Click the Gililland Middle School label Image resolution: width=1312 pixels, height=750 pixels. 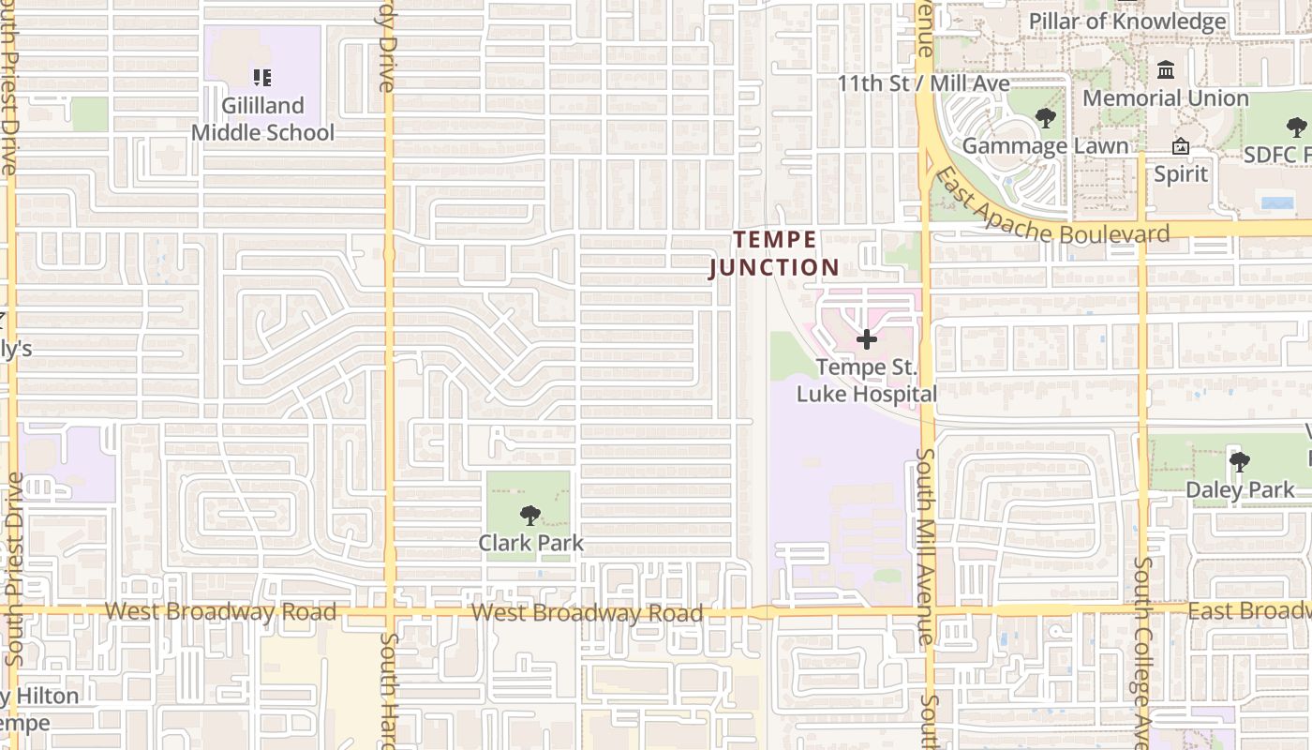coord(262,119)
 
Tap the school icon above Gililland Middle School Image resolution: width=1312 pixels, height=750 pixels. coord(262,77)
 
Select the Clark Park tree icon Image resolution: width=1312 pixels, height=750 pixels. coord(530,515)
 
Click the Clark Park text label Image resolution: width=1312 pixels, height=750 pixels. coord(530,543)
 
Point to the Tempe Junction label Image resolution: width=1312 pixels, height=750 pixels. coord(774,254)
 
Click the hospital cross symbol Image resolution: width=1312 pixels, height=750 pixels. coord(867,339)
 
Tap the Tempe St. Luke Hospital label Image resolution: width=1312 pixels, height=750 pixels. coord(867,381)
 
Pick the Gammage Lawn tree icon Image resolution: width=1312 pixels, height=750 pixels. coord(1045,118)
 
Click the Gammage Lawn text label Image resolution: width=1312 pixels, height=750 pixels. coord(1045,146)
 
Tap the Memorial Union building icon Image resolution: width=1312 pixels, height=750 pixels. coord(1167,70)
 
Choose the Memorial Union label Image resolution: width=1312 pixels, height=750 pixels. coord(1166,97)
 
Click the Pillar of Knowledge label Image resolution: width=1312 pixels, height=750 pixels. coord(1127,21)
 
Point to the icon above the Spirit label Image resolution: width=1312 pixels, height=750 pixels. coord(1181,146)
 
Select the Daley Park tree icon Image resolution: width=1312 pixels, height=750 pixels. coord(1240,461)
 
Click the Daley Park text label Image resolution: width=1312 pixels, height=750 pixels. coord(1240,489)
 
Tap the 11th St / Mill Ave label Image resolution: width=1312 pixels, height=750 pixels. coord(923,83)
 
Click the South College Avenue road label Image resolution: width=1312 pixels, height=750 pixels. coord(1142,652)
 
